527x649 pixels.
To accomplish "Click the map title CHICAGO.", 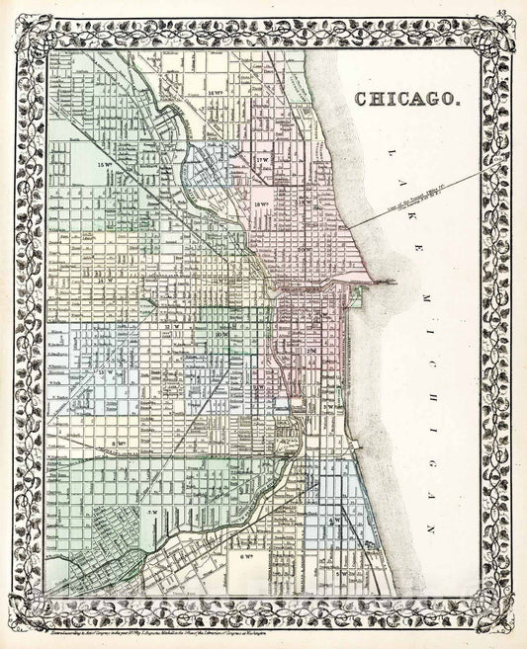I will tap(405, 99).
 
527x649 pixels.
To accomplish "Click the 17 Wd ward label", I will tap(262, 159).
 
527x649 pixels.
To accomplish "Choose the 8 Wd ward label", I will tap(121, 417).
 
